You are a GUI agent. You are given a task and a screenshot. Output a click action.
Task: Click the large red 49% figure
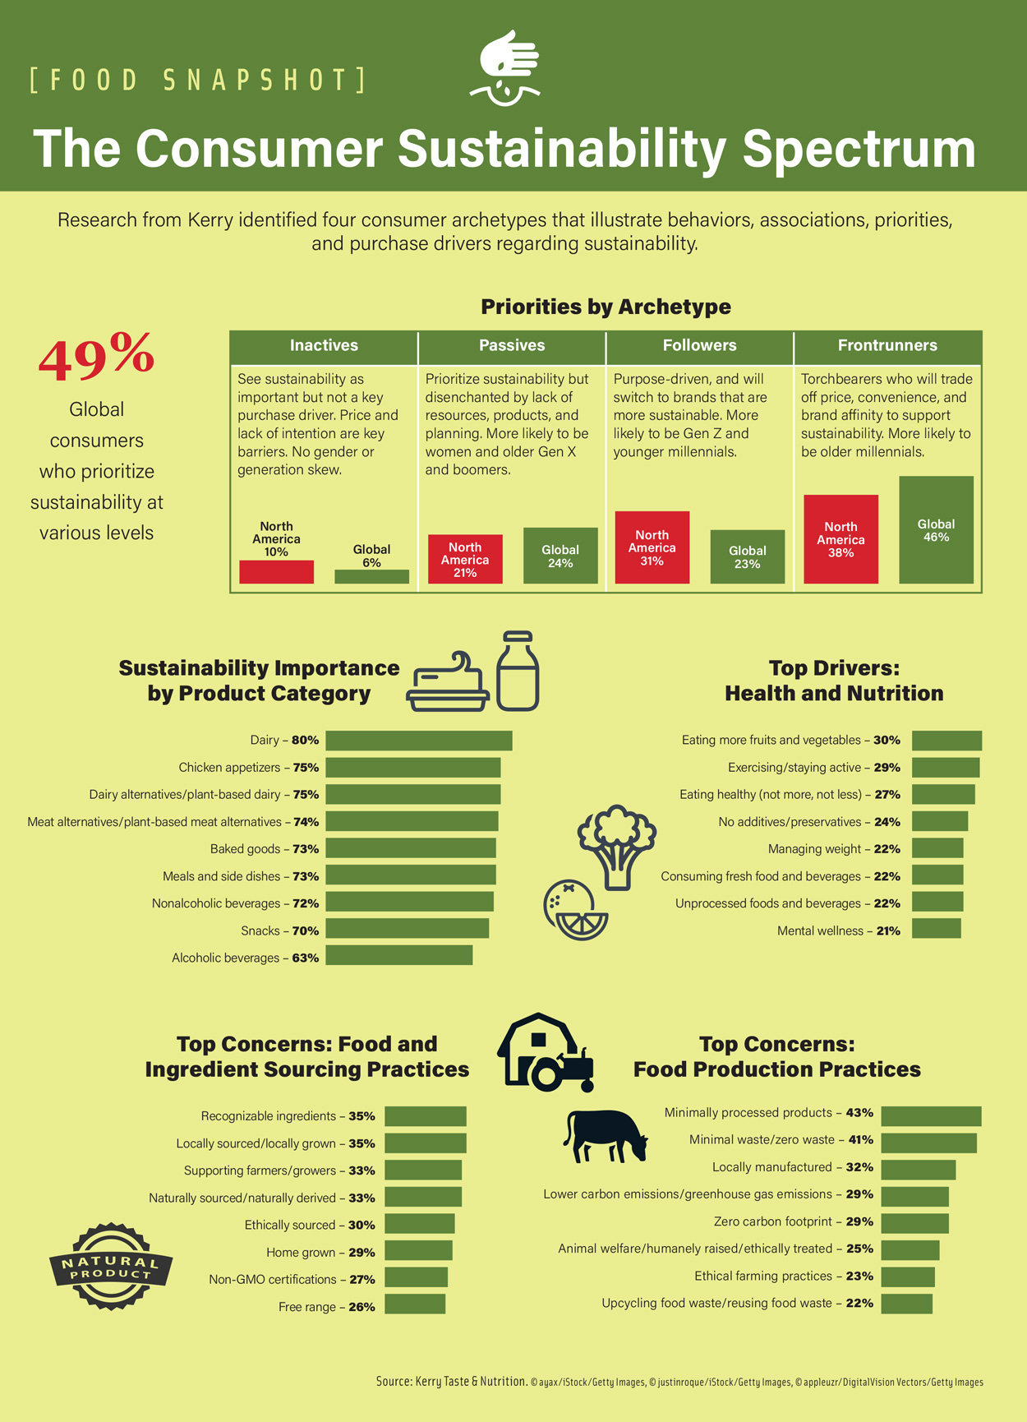pos(96,357)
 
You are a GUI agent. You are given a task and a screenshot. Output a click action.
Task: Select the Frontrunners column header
pos(887,346)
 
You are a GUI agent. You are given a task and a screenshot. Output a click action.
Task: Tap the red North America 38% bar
pos(840,539)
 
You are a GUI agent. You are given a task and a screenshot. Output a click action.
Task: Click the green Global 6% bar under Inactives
pos(371,576)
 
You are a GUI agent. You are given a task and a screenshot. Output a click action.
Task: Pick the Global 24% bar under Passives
pos(560,556)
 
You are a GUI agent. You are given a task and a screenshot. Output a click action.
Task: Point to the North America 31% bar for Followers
pos(652,547)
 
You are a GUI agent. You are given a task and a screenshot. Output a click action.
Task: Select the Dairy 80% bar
pos(418,741)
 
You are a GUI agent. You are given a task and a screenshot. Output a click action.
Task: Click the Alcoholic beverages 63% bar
pos(398,955)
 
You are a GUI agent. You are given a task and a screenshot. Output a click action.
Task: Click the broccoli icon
pos(617,847)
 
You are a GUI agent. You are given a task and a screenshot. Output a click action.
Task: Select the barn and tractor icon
pos(545,1053)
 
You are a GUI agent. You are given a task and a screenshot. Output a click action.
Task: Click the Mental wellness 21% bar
pos(936,929)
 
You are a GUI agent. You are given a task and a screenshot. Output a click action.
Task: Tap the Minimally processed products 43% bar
pos(931,1115)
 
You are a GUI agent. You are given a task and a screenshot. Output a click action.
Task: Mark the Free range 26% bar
pos(415,1304)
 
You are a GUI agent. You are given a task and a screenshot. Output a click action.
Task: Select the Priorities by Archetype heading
pos(606,307)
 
